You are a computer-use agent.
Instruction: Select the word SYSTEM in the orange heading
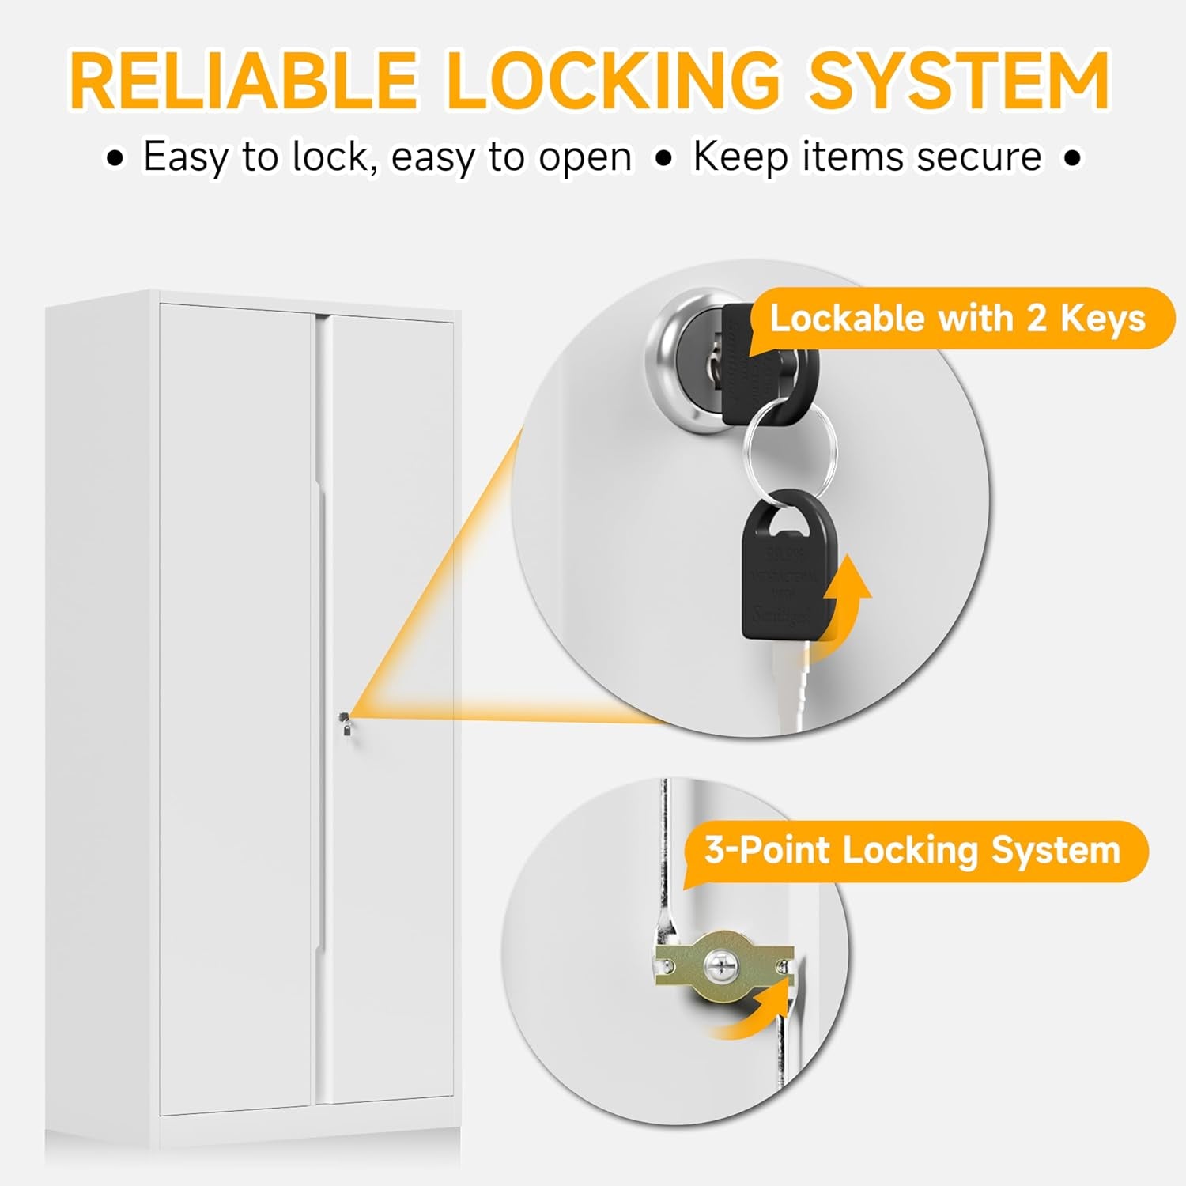pos(958,81)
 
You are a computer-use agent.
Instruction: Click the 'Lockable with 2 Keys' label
pos(957,319)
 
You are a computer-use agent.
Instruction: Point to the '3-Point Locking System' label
pos(912,851)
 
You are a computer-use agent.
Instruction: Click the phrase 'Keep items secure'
pos(867,157)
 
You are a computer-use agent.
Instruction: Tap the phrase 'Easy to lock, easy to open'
pos(387,157)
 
